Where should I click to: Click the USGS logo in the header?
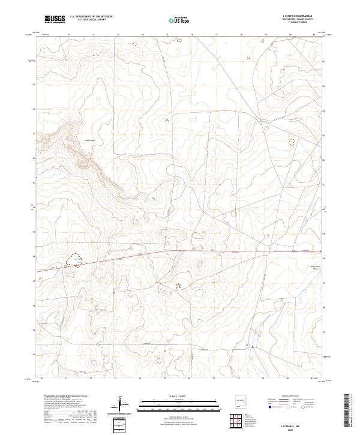pyautogui.click(x=55, y=20)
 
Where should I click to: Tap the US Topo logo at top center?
pyautogui.click(x=180, y=20)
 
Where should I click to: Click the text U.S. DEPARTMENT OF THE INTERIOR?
pyautogui.click(x=91, y=17)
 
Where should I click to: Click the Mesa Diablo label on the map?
pyautogui.click(x=91, y=141)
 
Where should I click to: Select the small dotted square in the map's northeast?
pyautogui.click(x=293, y=142)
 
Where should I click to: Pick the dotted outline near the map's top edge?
pyautogui.click(x=134, y=44)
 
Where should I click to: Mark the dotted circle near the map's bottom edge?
pyautogui.click(x=159, y=361)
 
